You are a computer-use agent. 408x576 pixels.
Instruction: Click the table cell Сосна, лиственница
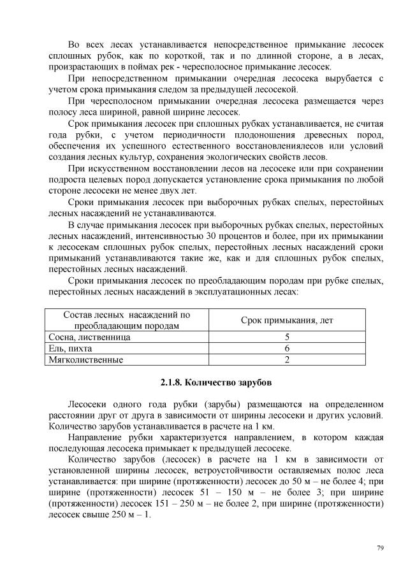90,336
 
